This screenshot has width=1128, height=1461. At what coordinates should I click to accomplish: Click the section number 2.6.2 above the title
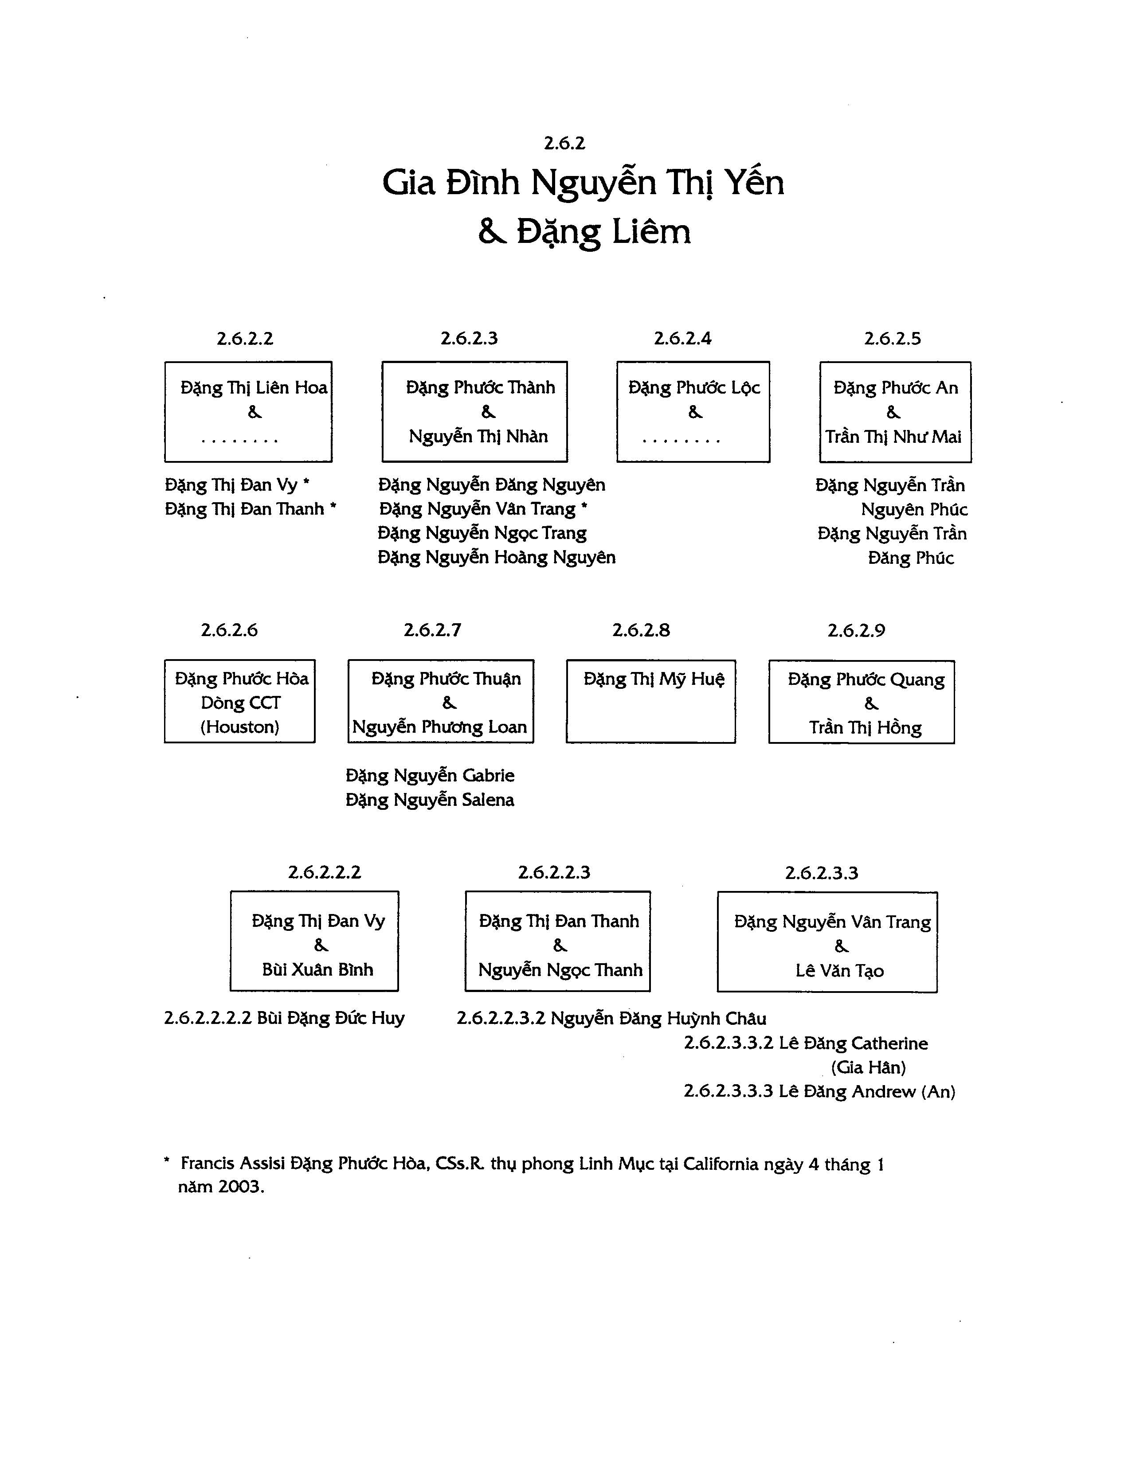click(x=564, y=143)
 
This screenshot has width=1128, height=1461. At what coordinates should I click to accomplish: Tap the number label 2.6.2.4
click(x=682, y=339)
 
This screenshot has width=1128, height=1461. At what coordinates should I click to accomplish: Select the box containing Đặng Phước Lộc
click(x=693, y=411)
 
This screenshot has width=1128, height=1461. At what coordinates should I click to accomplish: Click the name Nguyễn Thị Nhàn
click(x=478, y=437)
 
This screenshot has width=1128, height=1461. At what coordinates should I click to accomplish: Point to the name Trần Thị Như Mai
click(x=893, y=437)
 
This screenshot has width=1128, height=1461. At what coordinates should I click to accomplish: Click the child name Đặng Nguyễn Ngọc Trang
click(x=482, y=533)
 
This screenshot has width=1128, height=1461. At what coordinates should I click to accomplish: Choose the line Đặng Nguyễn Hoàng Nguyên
click(x=497, y=557)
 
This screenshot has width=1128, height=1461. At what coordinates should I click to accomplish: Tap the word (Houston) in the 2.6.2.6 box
click(x=239, y=727)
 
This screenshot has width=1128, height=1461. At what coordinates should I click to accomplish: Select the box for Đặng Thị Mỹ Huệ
click(x=651, y=701)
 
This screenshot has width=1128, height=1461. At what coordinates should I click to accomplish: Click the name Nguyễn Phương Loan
click(x=439, y=727)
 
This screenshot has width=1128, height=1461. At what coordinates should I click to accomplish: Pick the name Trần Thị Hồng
click(x=865, y=728)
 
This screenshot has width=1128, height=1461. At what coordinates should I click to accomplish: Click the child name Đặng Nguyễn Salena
click(x=430, y=800)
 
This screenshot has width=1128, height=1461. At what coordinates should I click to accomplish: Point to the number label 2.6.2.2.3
click(x=554, y=872)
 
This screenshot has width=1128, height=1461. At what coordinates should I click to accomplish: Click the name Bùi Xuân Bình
click(x=317, y=969)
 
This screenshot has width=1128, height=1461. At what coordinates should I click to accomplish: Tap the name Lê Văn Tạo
click(x=840, y=971)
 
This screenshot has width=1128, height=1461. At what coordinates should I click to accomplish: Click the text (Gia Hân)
click(x=869, y=1068)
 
